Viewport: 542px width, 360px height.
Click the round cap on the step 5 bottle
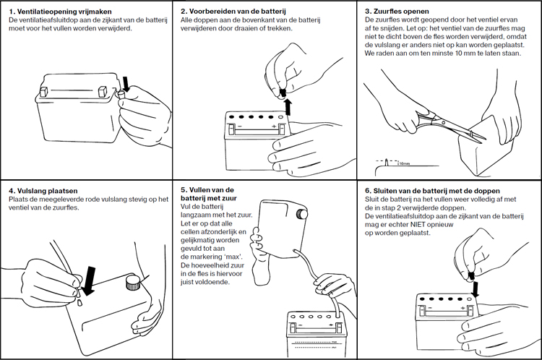pos(303,214)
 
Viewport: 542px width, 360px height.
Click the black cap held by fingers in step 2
pos(285,92)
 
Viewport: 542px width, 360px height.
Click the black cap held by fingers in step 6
pos(470,274)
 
